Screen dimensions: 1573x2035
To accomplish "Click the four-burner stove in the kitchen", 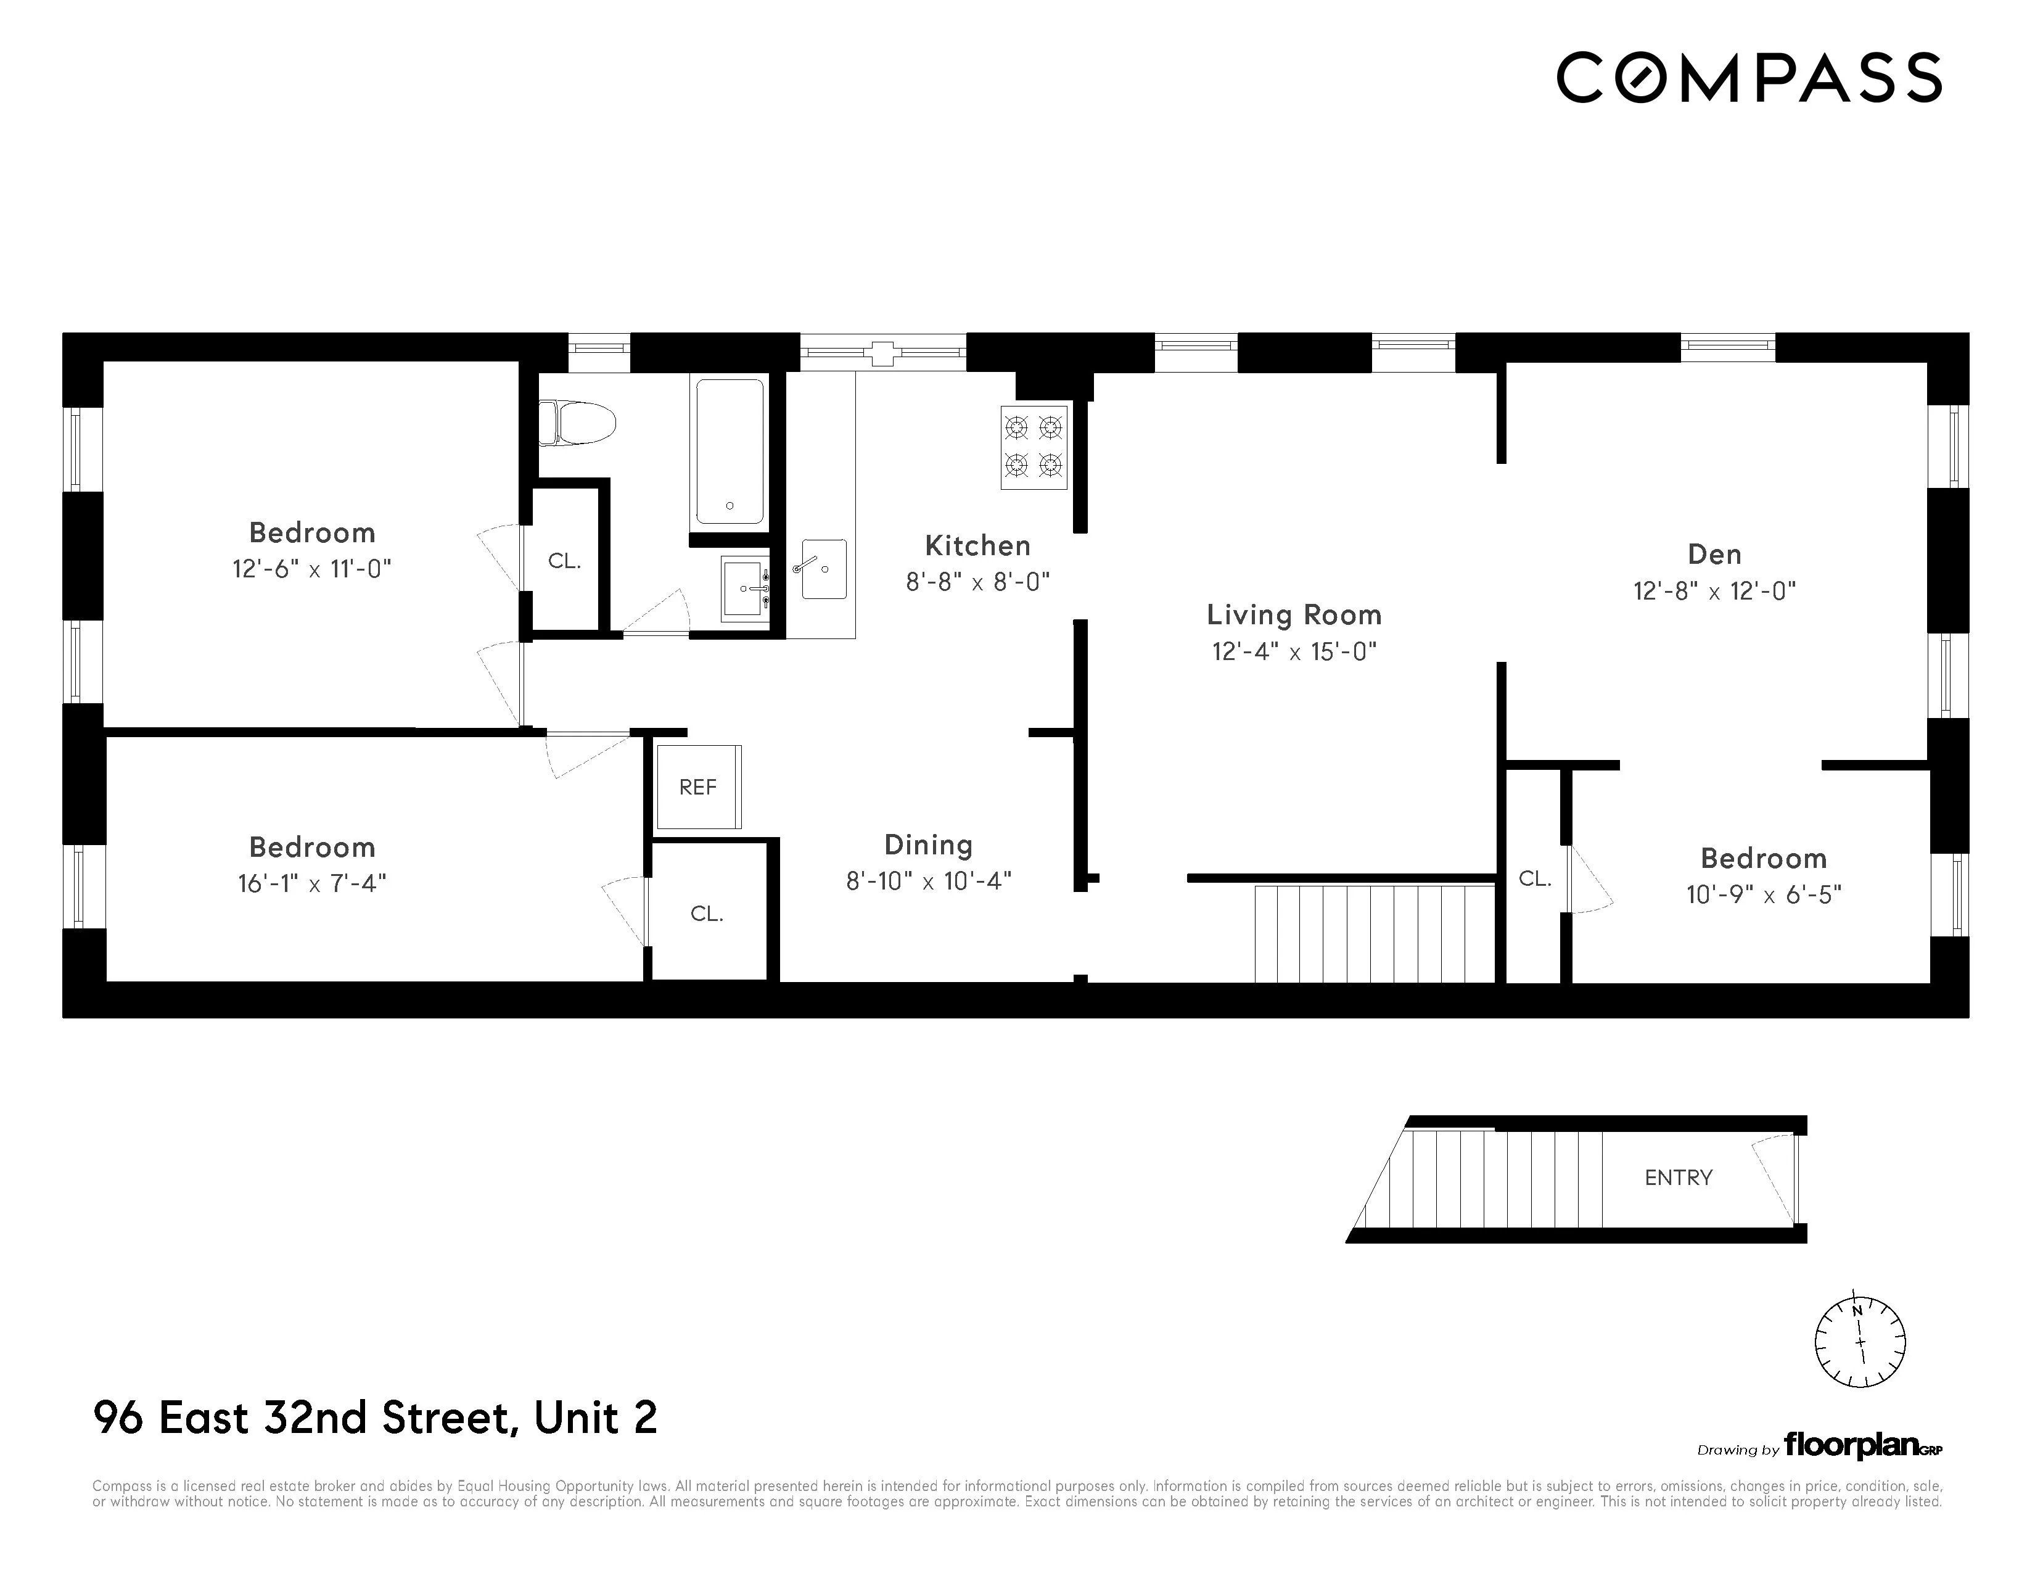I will pos(1034,447).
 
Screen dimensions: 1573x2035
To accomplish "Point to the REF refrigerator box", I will pos(698,788).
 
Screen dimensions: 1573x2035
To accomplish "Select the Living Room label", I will pos(1293,615).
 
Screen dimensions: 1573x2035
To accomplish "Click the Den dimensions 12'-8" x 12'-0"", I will pos(1714,591).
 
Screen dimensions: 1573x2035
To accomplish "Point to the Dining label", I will pos(928,845).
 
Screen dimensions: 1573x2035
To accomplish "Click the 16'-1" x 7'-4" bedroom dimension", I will pos(312,883).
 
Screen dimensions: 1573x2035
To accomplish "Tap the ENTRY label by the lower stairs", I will pos(1678,1178).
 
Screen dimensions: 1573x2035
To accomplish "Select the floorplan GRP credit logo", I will pos(1862,1447).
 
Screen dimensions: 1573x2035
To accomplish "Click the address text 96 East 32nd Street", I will pos(374,1418).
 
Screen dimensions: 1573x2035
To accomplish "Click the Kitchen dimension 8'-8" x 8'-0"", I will pos(977,582).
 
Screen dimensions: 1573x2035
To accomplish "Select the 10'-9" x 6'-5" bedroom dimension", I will pos(1763,894).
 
